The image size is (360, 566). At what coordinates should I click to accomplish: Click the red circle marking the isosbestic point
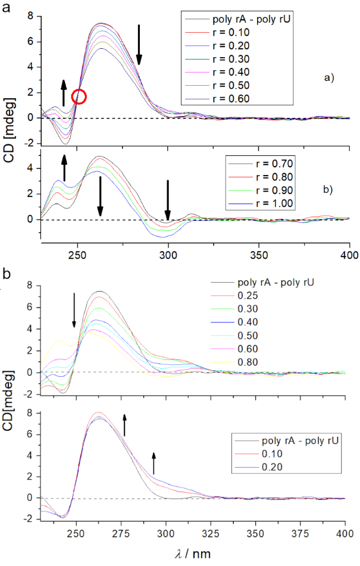click(x=79, y=96)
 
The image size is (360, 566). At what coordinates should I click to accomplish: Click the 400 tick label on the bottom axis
click(x=345, y=533)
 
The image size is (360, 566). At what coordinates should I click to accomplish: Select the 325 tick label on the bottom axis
click(x=196, y=533)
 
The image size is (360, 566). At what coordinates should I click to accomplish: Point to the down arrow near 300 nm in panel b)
click(x=168, y=199)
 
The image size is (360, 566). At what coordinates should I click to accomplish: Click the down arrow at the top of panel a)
click(x=139, y=45)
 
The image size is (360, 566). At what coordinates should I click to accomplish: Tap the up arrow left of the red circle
click(x=64, y=93)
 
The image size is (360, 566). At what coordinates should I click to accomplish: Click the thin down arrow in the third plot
click(x=74, y=309)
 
